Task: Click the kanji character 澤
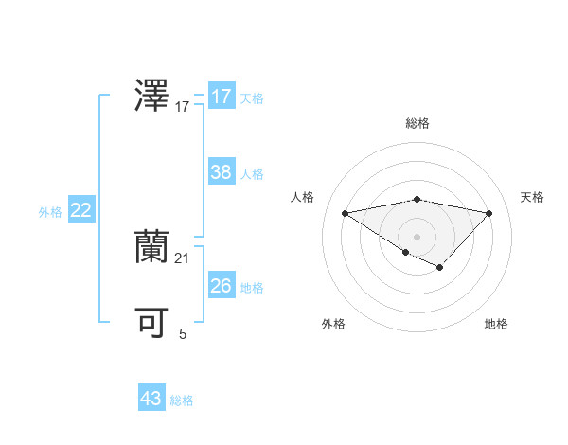(152, 97)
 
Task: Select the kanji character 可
(152, 323)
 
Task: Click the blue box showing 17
(222, 97)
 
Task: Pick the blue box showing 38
(222, 172)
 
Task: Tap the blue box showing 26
(222, 286)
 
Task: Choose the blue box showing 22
(81, 210)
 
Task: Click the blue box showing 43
(151, 399)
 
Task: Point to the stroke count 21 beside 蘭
(183, 258)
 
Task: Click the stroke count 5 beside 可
(183, 333)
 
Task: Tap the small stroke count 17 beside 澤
(183, 107)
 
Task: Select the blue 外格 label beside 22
(50, 212)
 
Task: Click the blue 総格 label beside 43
(182, 400)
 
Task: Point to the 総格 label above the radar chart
(417, 123)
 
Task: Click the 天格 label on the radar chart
(533, 197)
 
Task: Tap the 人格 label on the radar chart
(302, 197)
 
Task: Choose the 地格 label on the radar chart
(496, 324)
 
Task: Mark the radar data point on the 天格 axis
(489, 213)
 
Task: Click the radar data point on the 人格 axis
(345, 212)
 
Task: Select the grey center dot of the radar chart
(417, 236)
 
